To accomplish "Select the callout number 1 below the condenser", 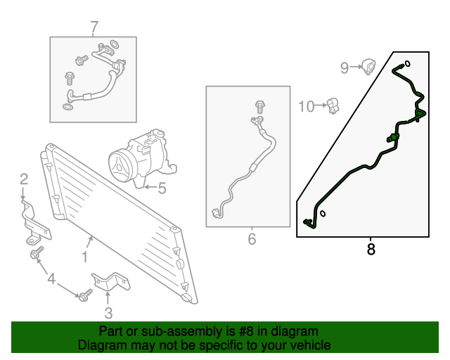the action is [84, 257].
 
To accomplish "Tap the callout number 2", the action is [24, 179].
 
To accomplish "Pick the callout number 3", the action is [108, 313].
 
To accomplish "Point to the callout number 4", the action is [51, 278].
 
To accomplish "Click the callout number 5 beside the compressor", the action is [162, 188].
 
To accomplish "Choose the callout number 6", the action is [252, 239].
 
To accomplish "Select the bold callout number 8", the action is [371, 249].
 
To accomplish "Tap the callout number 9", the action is [345, 68].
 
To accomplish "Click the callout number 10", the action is [307, 106].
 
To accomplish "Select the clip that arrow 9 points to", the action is [368, 67].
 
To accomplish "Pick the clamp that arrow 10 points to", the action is [333, 106].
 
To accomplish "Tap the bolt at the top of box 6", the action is [260, 107].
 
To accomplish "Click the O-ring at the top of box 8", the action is [407, 63].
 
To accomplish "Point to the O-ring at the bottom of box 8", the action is [323, 214].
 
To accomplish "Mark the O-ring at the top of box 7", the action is [115, 44].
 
